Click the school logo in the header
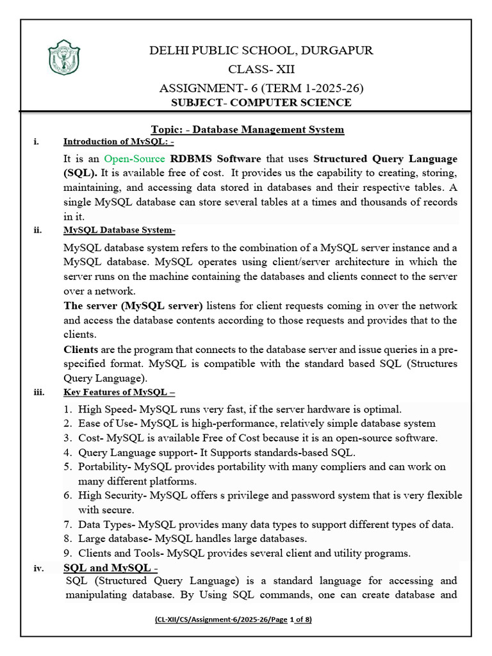[64, 57]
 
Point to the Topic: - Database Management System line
[247, 129]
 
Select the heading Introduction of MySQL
[118, 142]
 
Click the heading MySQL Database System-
[119, 231]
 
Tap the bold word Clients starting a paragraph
[81, 350]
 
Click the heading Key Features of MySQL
[119, 392]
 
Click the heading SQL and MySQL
[110, 568]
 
